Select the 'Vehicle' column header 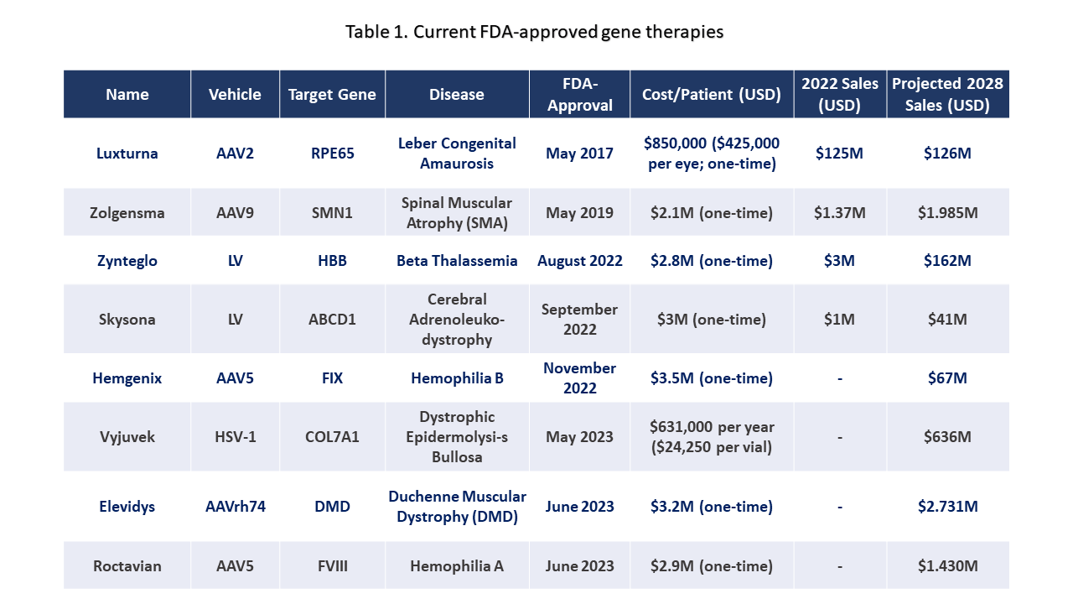click(235, 94)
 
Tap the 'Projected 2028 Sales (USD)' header click(947, 94)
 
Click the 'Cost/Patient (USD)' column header click(711, 94)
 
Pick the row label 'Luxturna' click(127, 154)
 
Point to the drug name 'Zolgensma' click(127, 213)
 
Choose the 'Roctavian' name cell click(127, 566)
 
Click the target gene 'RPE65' click(332, 154)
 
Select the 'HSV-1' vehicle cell click(235, 437)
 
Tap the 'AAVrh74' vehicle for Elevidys click(235, 507)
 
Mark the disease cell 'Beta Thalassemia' click(457, 261)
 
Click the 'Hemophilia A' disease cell click(457, 566)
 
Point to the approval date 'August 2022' click(579, 261)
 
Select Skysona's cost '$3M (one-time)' click(711, 320)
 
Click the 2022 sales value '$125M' click(839, 154)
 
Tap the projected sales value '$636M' click(947, 437)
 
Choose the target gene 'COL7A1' click(332, 437)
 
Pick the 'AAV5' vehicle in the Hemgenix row click(235, 378)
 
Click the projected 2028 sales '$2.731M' click(947, 507)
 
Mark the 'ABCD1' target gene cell click(332, 320)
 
